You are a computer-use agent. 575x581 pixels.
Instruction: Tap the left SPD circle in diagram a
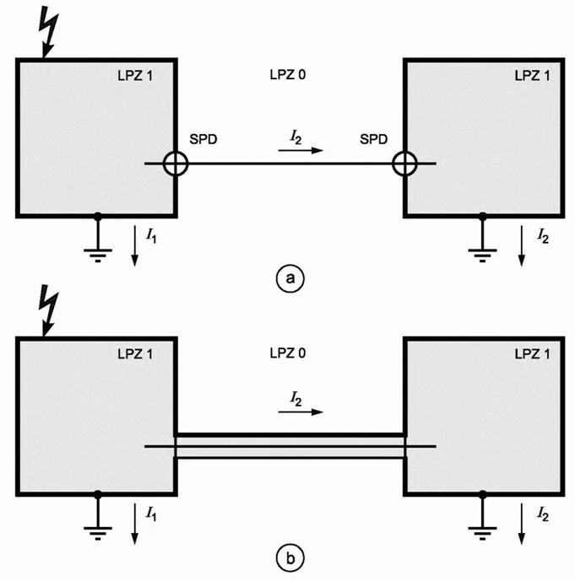(x=175, y=164)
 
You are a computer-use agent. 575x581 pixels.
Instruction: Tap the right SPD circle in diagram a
(x=405, y=164)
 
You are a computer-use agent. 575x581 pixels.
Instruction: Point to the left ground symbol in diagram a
(x=98, y=250)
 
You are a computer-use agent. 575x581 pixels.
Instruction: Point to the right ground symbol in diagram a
(x=482, y=250)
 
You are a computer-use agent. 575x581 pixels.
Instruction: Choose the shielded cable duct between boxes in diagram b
(x=290, y=445)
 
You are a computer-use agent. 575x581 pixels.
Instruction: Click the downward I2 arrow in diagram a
(x=521, y=246)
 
